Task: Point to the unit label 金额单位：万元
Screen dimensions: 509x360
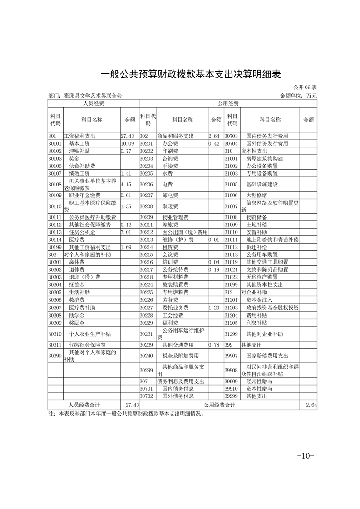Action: coord(299,96)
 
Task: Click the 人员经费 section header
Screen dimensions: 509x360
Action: coord(93,104)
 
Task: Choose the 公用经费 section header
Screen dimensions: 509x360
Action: coord(227,104)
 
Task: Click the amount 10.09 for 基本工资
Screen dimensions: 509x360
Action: coord(127,143)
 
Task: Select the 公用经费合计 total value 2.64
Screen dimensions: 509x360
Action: coord(311,405)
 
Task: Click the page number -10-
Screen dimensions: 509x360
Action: coord(305,455)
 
